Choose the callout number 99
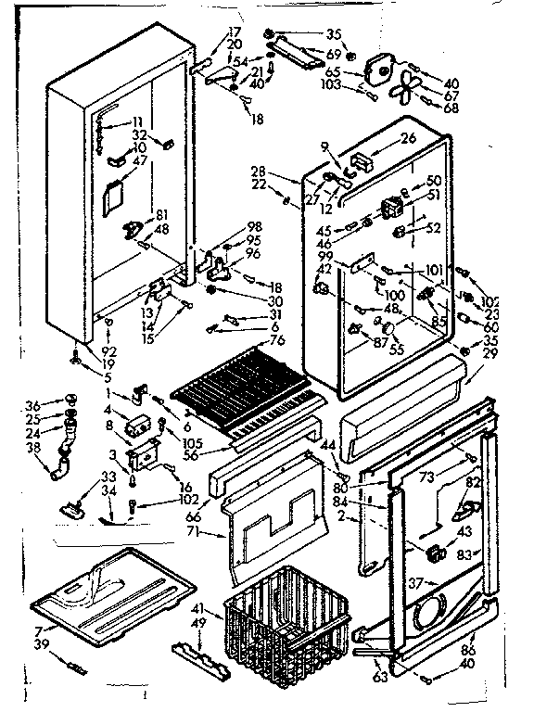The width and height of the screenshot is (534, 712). [x=324, y=255]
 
